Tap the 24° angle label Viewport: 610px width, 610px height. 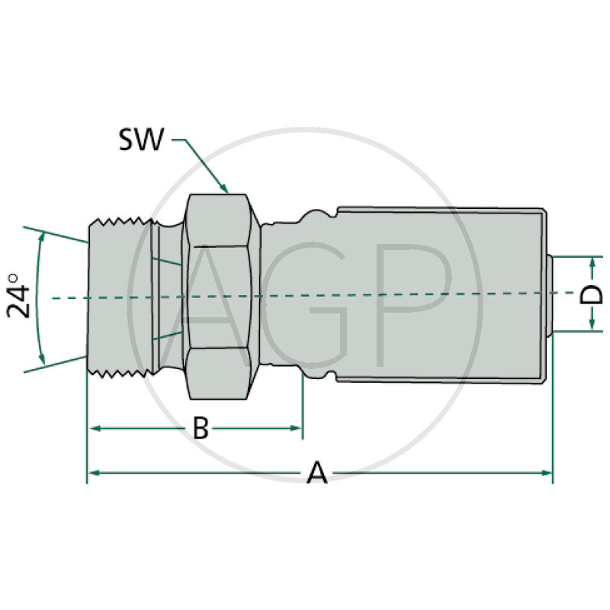coord(20,297)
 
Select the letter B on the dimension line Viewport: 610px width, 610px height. coord(200,429)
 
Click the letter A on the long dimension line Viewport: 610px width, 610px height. coord(316,474)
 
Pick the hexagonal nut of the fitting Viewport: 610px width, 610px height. coord(221,296)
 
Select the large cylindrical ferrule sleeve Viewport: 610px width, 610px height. coord(442,294)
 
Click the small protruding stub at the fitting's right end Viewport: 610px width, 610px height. coord(551,294)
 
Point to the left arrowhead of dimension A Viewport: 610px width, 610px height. coord(93,474)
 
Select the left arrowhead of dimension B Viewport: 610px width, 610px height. coord(93,429)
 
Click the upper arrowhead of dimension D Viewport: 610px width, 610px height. coord(592,262)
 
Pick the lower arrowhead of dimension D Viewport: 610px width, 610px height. coord(592,326)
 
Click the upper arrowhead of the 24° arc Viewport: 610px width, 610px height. coord(43,237)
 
